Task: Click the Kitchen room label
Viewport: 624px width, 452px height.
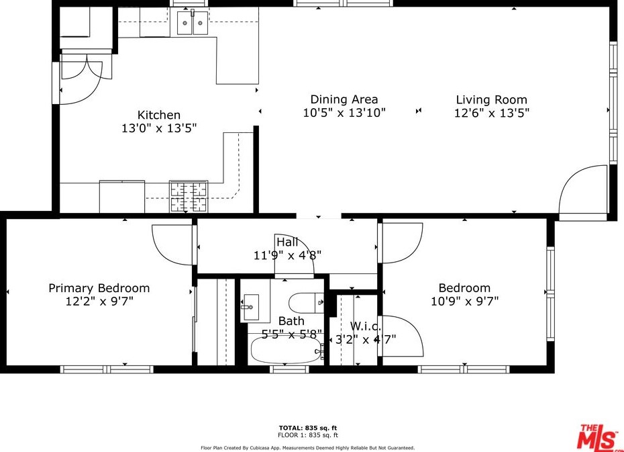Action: point(159,115)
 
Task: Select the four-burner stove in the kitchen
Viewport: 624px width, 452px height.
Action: point(189,196)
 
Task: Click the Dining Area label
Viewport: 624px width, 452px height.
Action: point(344,99)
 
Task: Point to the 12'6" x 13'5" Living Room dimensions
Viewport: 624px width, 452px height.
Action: point(492,113)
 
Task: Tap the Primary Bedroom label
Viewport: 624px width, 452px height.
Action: point(99,288)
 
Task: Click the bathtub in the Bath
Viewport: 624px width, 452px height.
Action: point(286,350)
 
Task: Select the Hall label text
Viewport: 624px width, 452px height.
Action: point(287,242)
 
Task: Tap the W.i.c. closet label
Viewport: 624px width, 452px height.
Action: point(365,326)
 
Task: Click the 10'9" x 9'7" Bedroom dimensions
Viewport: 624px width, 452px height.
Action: point(464,301)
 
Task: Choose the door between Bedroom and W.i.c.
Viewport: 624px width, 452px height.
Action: point(401,335)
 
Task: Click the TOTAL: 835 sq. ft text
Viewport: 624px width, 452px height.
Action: point(307,428)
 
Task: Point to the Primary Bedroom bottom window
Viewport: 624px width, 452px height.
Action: point(107,369)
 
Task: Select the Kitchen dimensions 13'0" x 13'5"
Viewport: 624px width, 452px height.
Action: point(159,128)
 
